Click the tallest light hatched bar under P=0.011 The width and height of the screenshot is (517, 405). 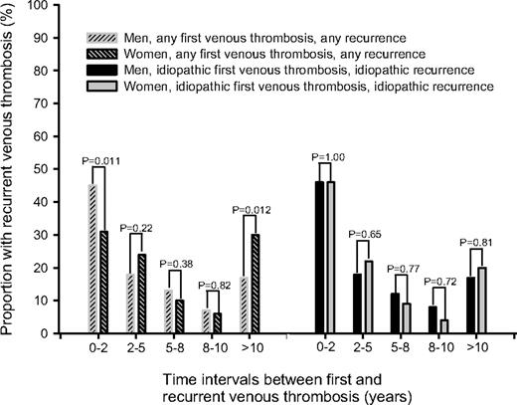[93, 259]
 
